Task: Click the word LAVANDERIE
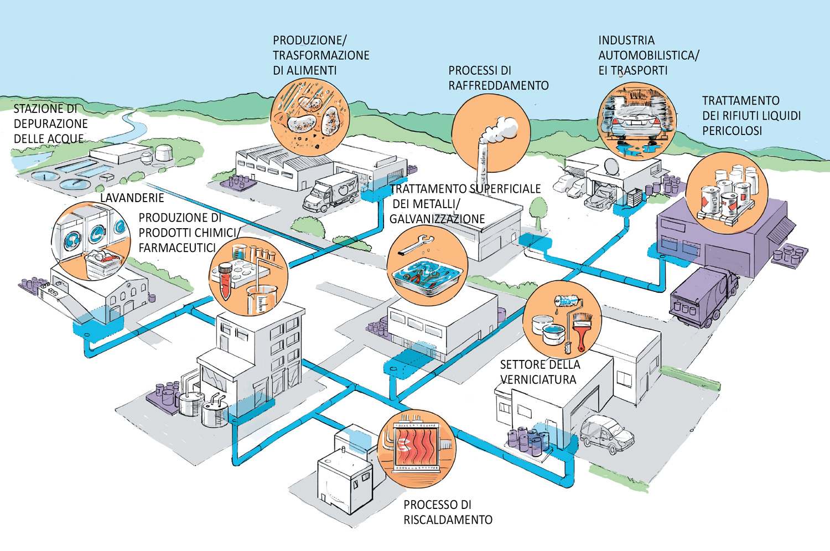click(132, 198)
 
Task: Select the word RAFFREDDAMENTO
click(499, 85)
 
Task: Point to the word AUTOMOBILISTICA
click(647, 55)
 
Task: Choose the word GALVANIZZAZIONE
click(437, 219)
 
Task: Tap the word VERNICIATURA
click(538, 379)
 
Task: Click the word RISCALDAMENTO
click(448, 519)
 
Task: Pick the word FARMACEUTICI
click(177, 248)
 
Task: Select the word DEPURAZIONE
click(50, 123)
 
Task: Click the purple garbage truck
click(703, 297)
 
